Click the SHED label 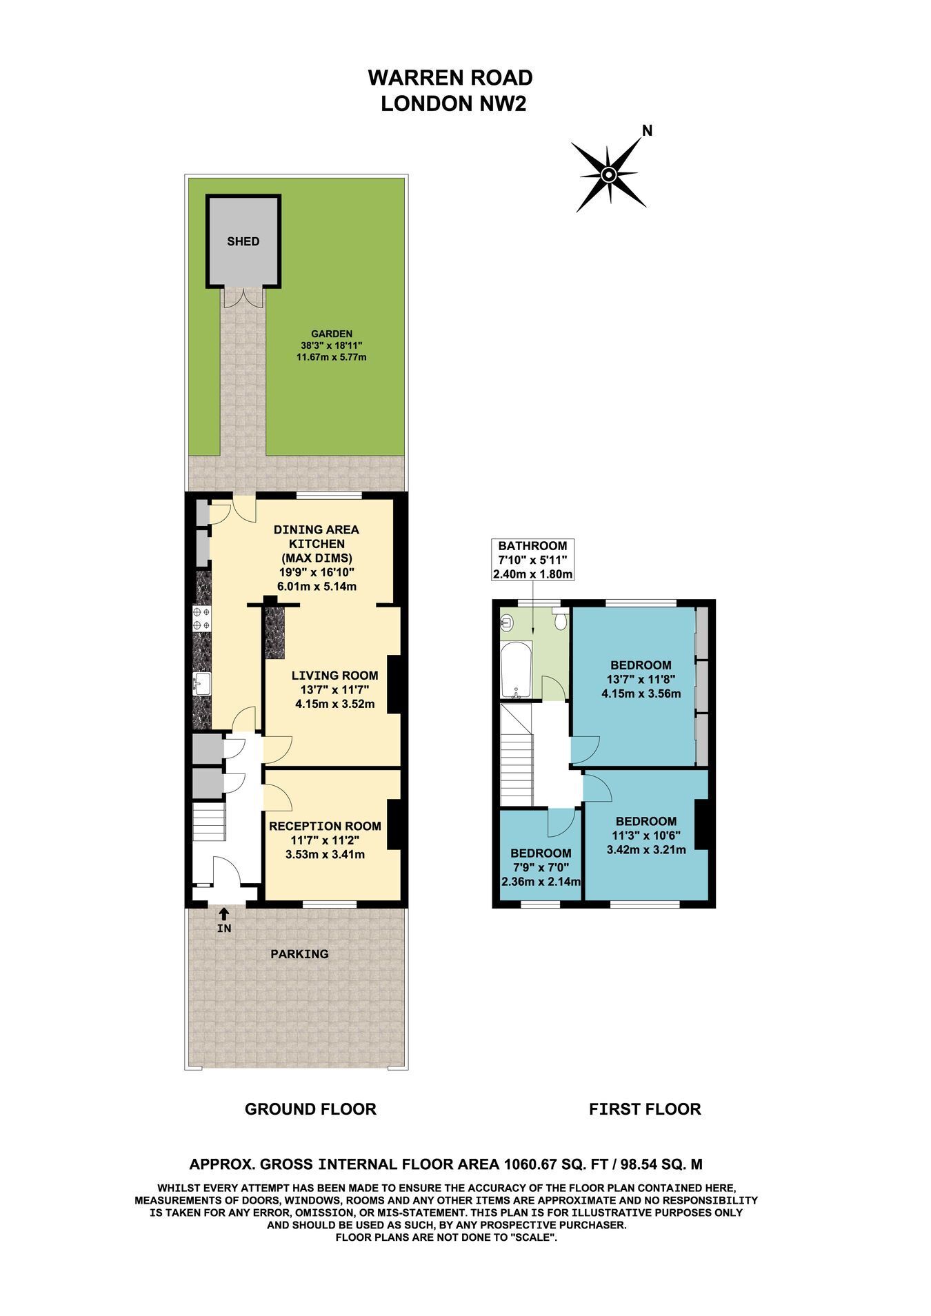(243, 241)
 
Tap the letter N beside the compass (647, 130)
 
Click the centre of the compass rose (608, 174)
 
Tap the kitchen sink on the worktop (202, 684)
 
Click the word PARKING (299, 954)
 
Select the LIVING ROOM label (334, 676)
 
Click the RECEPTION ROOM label (325, 826)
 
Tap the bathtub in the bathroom (515, 670)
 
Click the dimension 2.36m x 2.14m (540, 881)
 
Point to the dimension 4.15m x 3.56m (641, 694)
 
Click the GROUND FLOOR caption (311, 1109)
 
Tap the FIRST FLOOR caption (645, 1109)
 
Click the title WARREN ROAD (450, 77)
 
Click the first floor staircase (517, 755)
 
